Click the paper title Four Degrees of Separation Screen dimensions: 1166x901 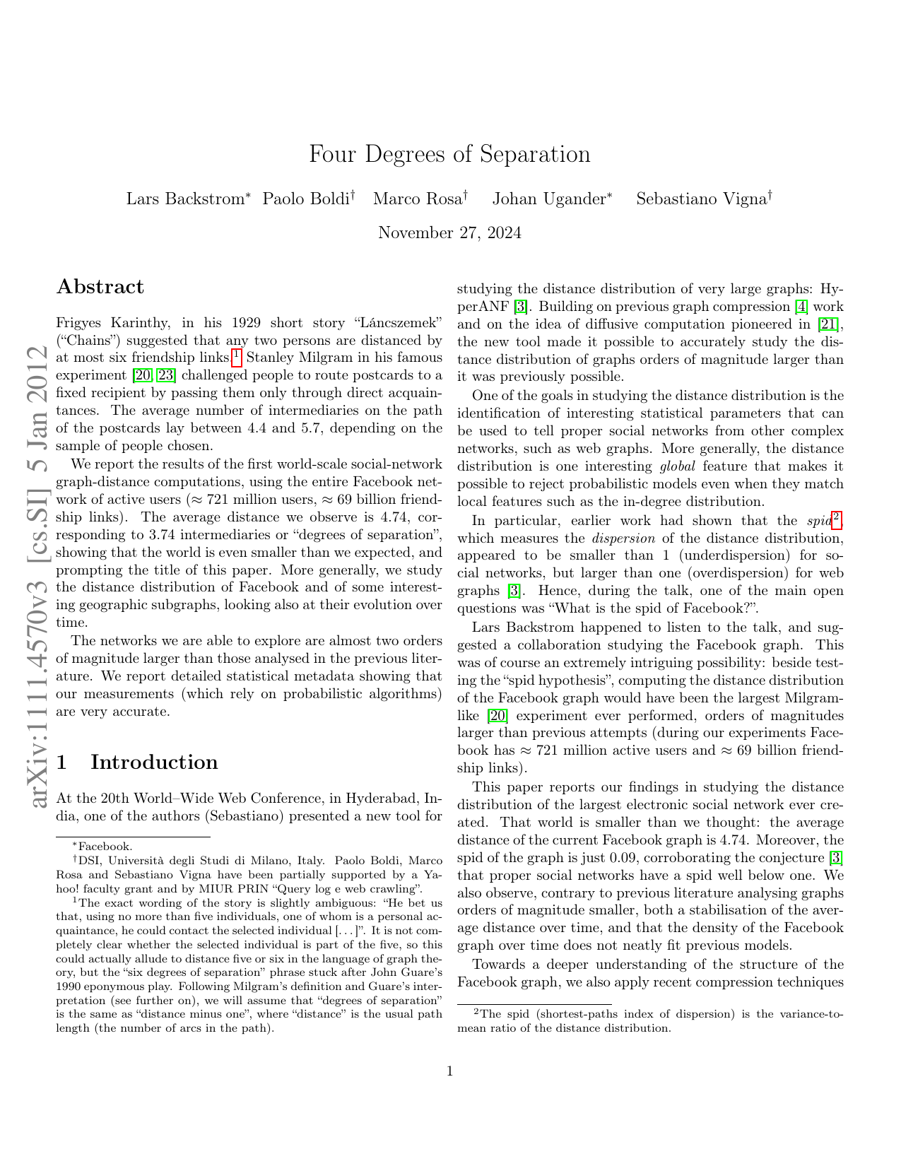point(449,154)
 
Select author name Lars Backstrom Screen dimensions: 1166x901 point(184,199)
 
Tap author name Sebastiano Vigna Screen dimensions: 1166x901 point(701,199)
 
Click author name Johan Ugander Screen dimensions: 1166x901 point(548,199)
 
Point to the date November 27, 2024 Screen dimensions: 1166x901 point(449,232)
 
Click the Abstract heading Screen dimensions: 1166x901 point(100,287)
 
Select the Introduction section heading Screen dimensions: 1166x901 point(154,762)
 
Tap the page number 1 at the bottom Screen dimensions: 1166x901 point(449,1071)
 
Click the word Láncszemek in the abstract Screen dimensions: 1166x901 point(393,323)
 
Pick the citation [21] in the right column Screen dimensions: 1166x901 point(830,324)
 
